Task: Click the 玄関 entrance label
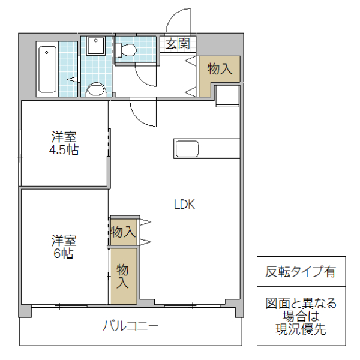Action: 178,44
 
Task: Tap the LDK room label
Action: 184,204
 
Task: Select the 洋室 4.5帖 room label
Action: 64,143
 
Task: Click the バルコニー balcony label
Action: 130,327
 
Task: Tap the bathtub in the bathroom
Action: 47,68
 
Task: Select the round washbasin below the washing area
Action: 95,91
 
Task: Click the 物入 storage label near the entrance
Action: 220,68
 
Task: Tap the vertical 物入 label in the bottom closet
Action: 122,275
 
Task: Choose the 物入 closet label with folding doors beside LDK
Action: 123,232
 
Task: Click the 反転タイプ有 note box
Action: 301,271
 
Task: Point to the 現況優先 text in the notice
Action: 301,329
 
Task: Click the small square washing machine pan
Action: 95,47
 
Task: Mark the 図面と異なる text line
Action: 301,304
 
